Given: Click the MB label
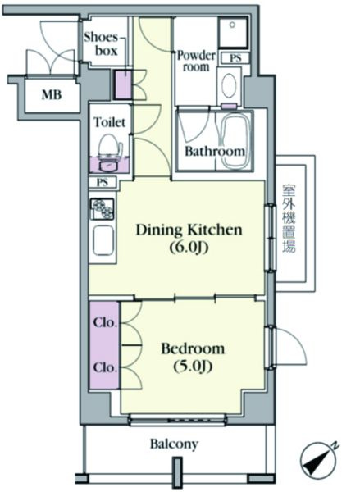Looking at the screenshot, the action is coord(52,94).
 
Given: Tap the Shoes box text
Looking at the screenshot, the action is coord(102,44).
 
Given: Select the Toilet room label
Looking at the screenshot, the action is coord(110,121).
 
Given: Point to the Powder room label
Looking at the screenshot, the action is coord(196,61).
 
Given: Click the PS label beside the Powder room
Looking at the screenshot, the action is coord(235,58).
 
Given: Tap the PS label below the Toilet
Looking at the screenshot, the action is coord(103,182).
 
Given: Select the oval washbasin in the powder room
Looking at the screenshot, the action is coord(229,84).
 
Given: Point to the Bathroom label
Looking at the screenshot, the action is coord(215,151).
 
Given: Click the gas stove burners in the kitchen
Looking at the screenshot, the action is coord(103,208).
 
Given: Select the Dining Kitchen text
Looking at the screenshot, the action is coord(189,230).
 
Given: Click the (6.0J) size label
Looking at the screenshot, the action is coord(189,248).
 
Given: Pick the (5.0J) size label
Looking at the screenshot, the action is coord(193,367).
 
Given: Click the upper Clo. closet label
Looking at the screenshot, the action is coord(106,322).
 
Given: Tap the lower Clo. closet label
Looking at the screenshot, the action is coord(106,367).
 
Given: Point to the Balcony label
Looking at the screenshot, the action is coord(174,444).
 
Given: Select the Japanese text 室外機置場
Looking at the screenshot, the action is coord(289,219).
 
